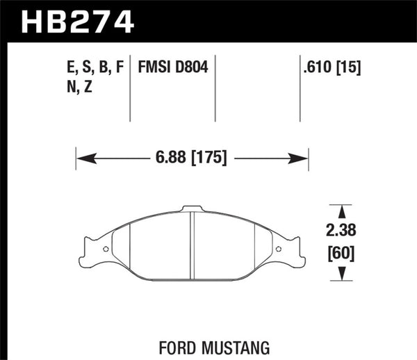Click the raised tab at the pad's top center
(192, 208)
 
